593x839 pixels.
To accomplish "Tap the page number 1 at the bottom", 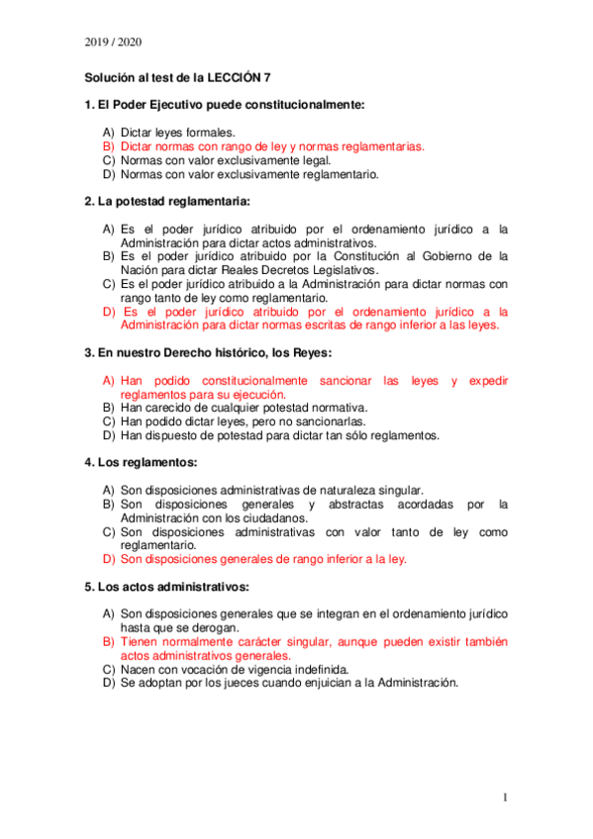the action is coord(505,796).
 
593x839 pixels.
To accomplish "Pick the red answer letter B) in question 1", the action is coord(109,145).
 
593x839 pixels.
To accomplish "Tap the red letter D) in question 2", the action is coord(109,310).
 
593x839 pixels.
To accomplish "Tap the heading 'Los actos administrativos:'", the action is coord(165,586).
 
